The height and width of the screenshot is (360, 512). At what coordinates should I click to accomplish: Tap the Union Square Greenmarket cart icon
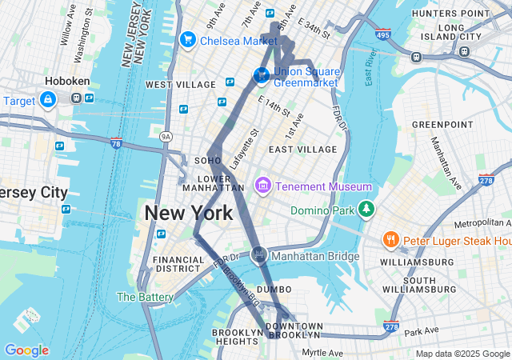pyautogui.click(x=261, y=75)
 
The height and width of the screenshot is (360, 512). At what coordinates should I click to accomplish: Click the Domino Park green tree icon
pyautogui.click(x=366, y=209)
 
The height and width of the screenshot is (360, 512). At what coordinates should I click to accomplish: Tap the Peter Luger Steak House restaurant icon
pyautogui.click(x=390, y=239)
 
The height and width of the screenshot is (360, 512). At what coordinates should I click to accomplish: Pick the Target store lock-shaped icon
pyautogui.click(x=47, y=99)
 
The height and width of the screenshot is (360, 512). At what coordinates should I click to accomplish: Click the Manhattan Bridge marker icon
pyautogui.click(x=258, y=255)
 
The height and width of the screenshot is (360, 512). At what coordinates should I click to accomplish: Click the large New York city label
pyautogui.click(x=189, y=214)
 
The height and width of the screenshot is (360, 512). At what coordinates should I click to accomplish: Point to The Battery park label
pyautogui.click(x=145, y=297)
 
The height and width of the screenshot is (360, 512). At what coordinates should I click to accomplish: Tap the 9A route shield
pyautogui.click(x=166, y=137)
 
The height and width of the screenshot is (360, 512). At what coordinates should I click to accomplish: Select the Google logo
pyautogui.click(x=26, y=350)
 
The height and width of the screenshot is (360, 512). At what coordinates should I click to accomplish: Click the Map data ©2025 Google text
pyautogui.click(x=462, y=354)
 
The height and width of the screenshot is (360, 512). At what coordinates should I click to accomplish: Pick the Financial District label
pyautogui.click(x=179, y=265)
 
